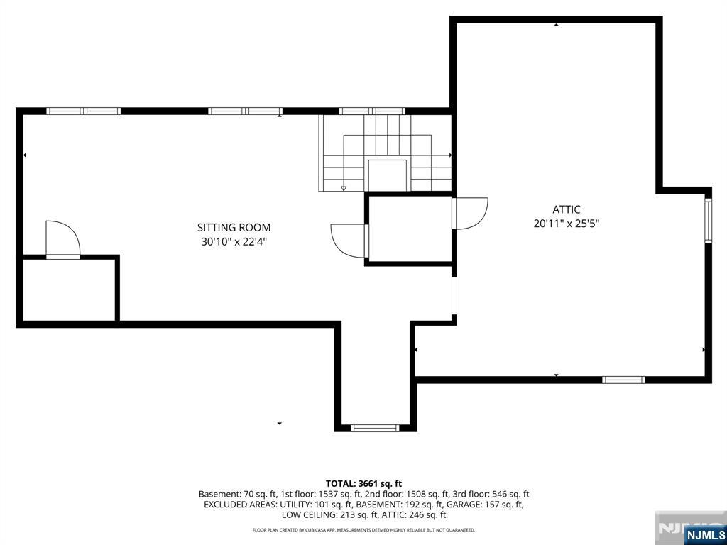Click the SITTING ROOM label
(234, 228)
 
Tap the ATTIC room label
(566, 209)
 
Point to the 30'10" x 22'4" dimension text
(234, 241)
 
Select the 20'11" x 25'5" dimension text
(567, 224)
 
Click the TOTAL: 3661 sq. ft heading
(363, 484)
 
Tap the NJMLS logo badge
(704, 534)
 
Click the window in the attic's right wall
(708, 221)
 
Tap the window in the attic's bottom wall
(623, 380)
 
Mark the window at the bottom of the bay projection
(375, 428)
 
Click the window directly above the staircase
(372, 111)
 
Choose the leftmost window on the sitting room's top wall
(84, 111)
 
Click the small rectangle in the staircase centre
(388, 175)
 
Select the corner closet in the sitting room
(69, 290)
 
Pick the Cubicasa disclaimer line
(363, 529)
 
